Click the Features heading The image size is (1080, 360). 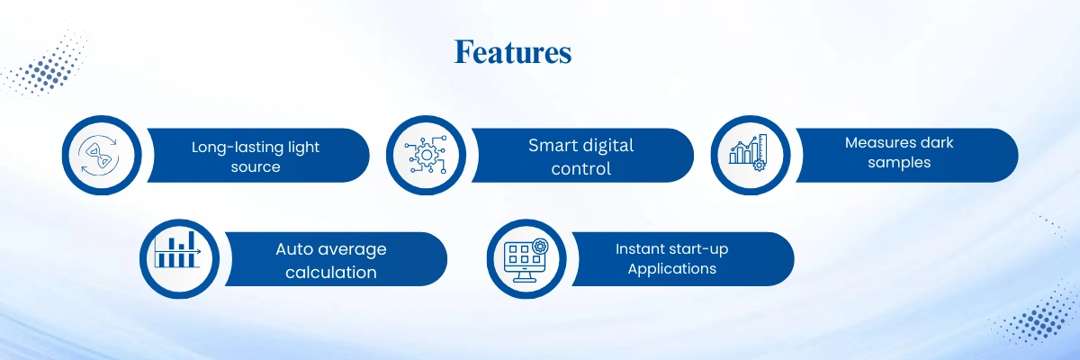(513, 52)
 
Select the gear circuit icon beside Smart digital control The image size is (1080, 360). (426, 155)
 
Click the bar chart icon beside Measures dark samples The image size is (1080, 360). (748, 152)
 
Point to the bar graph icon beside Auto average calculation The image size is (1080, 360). (177, 249)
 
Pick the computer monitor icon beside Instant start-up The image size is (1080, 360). (526, 261)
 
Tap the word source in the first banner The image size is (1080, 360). (256, 167)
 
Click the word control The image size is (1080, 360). (581, 168)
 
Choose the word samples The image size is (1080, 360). (899, 163)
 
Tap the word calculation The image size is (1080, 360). (331, 273)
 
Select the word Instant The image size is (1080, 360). (638, 249)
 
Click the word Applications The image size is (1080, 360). (672, 269)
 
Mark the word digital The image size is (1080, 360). (607, 146)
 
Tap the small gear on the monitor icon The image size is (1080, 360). (540, 247)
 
